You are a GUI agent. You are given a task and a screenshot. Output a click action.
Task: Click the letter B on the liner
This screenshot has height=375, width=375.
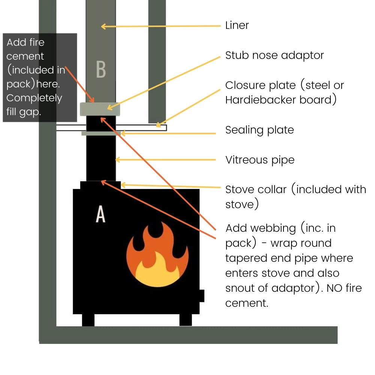click(x=100, y=69)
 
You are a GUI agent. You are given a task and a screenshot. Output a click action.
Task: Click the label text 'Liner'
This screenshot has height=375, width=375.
click(x=237, y=25)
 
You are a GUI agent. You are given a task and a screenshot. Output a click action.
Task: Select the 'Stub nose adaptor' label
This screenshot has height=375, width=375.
click(x=274, y=55)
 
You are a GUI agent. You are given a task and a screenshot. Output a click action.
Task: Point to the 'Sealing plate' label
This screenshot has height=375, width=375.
click(x=259, y=130)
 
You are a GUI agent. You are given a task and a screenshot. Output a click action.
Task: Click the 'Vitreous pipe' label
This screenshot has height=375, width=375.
click(x=260, y=160)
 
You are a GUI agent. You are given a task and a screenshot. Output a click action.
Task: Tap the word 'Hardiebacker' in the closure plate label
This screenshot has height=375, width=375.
click(x=262, y=100)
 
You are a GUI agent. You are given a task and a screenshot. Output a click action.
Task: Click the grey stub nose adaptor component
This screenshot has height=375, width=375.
click(x=100, y=109)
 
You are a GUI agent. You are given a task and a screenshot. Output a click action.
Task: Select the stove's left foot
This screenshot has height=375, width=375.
click(x=88, y=320)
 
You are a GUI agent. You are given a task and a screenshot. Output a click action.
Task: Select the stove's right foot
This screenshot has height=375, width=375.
click(x=186, y=320)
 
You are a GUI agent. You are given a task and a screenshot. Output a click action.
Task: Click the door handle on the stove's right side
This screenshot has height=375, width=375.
click(x=202, y=295)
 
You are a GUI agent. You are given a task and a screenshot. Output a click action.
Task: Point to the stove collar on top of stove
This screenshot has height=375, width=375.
click(x=100, y=185)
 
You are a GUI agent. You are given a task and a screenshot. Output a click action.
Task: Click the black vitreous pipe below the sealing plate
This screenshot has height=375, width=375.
click(x=100, y=157)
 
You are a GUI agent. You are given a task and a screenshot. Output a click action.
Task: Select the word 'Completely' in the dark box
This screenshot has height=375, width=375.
click(x=34, y=98)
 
